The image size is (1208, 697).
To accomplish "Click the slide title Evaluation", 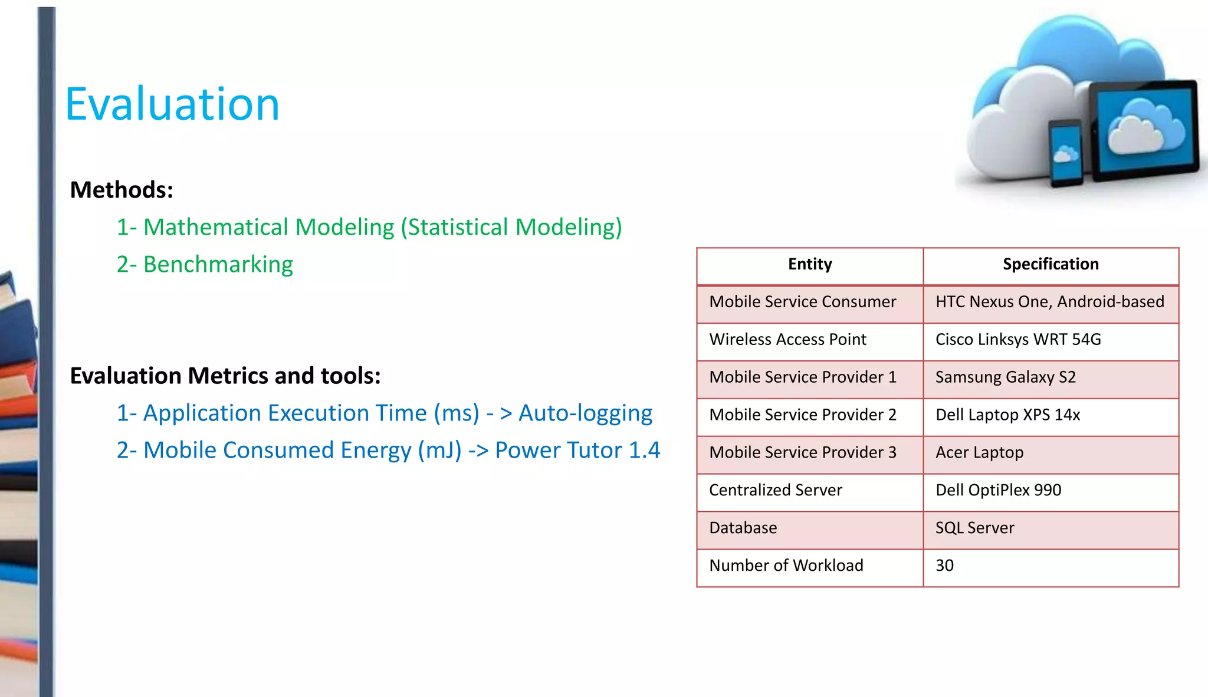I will (x=172, y=104).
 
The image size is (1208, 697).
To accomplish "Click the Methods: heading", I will (x=122, y=190).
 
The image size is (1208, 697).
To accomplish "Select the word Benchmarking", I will (x=218, y=264).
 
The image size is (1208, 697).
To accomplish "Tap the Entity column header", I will (x=810, y=264).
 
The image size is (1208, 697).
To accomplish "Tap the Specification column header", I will (x=1051, y=264).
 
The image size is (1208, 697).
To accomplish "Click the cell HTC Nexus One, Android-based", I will (x=1049, y=302).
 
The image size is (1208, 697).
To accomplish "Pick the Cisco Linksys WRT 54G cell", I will (x=1018, y=340).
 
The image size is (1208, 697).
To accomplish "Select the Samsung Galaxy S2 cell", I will (x=1005, y=377).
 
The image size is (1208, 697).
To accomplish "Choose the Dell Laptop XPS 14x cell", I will (x=1007, y=415).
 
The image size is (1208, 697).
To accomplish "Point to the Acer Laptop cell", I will (x=979, y=453).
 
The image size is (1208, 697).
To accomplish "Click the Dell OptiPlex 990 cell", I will (x=998, y=490).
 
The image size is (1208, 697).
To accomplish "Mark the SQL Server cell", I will (x=974, y=528).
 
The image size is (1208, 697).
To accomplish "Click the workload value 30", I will (x=944, y=566).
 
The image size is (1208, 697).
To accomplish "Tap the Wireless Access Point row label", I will (x=787, y=340).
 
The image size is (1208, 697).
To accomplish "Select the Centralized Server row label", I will (x=775, y=490).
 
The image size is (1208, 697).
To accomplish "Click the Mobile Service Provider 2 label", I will (x=802, y=415).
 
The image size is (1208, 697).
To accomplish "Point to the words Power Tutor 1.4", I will (x=577, y=451).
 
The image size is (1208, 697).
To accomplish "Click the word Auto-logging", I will (x=585, y=413).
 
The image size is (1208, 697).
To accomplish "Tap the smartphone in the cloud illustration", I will (x=1066, y=153).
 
